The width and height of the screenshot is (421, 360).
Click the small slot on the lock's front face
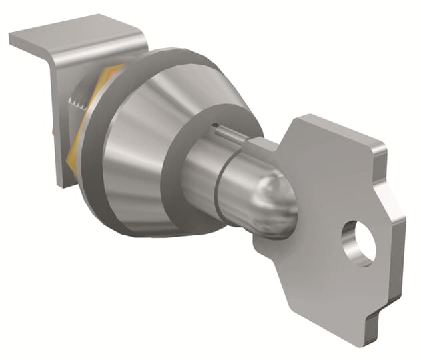point(216,125)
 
